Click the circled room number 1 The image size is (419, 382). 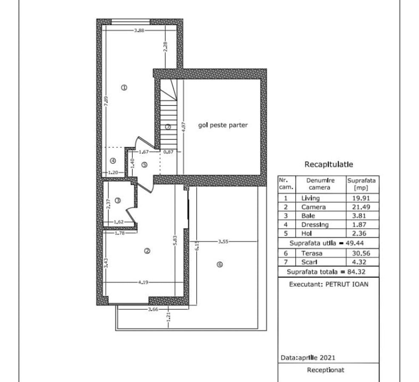pos(124,87)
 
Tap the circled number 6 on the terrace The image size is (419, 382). pos(219,264)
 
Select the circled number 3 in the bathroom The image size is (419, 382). pos(117,200)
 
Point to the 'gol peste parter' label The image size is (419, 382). pos(223,125)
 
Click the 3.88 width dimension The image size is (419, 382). pos(139,31)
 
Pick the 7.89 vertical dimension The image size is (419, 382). pos(106,101)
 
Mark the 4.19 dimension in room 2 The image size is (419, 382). pos(143,282)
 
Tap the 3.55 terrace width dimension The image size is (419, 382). pos(223,242)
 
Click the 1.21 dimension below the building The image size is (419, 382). pos(168,317)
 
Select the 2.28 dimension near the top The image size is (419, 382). pos(165,46)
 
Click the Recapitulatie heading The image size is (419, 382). pos(329,165)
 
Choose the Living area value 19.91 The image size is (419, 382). pos(361,198)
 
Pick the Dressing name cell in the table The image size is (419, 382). pos(315,225)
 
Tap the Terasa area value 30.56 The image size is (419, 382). pos(361,253)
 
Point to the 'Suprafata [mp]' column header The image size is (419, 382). pos(361,184)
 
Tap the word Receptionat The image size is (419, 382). pos(325,370)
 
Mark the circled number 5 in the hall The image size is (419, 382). pos(144,165)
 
